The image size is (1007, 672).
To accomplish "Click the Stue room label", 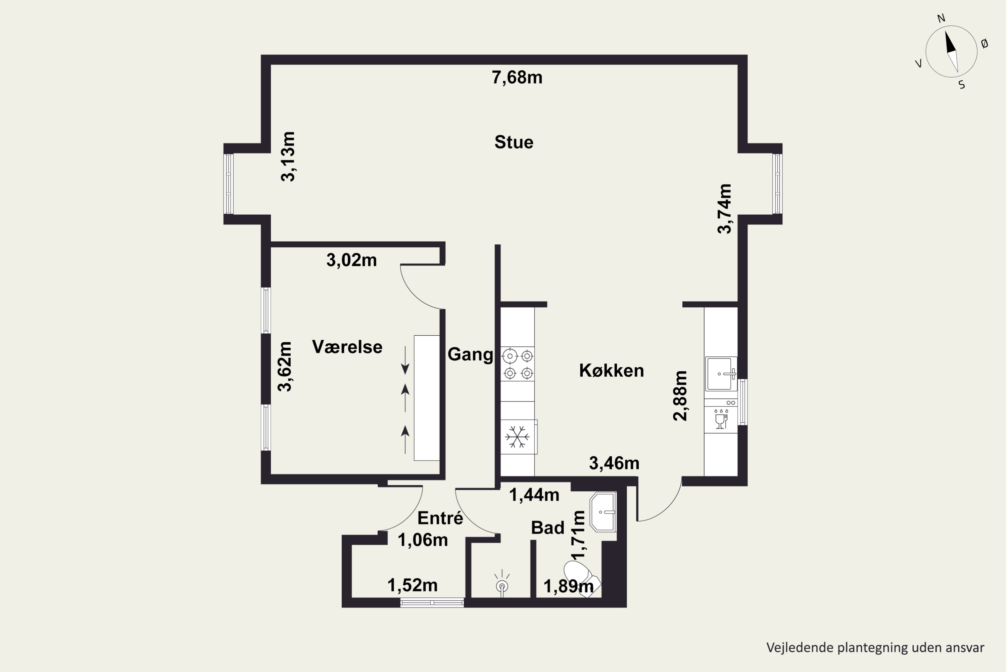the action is click(x=514, y=142).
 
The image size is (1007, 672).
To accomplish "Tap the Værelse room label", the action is click(x=347, y=347).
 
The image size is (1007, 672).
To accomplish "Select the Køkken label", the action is click(x=611, y=371).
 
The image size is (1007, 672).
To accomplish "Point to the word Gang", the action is click(x=470, y=355).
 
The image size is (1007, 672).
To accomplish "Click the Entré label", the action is click(x=440, y=518).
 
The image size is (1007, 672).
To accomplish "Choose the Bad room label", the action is click(x=547, y=528).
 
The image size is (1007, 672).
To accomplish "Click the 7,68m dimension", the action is click(x=517, y=78).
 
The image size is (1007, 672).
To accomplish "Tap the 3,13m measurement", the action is click(x=288, y=157).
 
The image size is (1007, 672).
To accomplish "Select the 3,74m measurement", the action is click(x=724, y=209).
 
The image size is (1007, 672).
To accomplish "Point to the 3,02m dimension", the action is click(x=351, y=260).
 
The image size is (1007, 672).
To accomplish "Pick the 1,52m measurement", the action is click(x=412, y=585).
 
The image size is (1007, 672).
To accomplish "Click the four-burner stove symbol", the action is click(x=518, y=364).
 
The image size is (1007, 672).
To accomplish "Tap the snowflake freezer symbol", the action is click(x=518, y=437).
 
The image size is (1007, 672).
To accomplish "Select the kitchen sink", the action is click(x=721, y=374).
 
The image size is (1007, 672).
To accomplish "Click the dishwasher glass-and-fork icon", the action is click(x=721, y=419).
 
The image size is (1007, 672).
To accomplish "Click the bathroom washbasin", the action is click(x=603, y=512).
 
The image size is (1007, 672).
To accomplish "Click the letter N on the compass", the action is click(x=941, y=18).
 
